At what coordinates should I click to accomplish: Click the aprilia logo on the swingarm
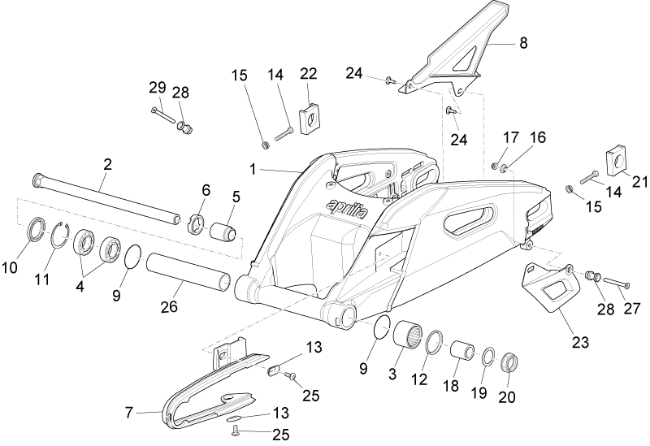pos(347,209)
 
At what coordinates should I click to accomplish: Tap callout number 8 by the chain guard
pos(523,43)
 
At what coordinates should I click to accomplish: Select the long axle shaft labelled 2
pos(106,198)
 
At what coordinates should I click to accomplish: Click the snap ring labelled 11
pos(60,236)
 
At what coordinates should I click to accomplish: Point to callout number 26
pos(169,306)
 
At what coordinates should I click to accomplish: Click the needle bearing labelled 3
pos(408,335)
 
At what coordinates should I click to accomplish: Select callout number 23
pos(580,342)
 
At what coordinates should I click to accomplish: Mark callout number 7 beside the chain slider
pos(129,413)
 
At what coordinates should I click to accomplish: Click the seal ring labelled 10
pos(37,228)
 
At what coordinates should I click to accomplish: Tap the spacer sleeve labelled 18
pos(462,352)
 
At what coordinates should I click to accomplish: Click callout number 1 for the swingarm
pos(252,170)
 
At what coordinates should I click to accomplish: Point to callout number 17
pos(511,137)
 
